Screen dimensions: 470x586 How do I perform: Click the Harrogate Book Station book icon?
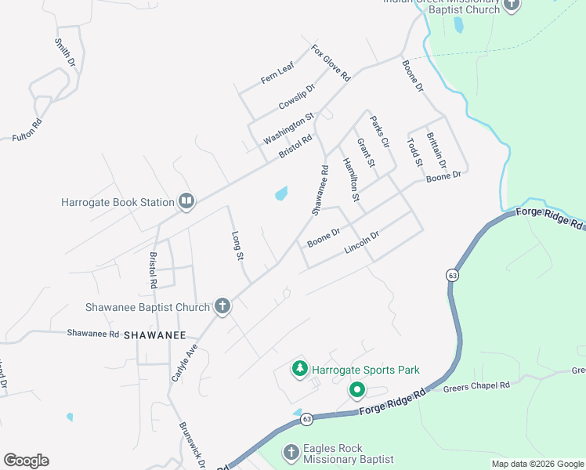click(x=186, y=202)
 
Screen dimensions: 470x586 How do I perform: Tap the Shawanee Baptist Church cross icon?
click(x=222, y=306)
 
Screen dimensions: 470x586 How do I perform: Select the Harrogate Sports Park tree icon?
click(x=299, y=368)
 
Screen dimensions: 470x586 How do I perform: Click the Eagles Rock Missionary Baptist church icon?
click(x=291, y=453)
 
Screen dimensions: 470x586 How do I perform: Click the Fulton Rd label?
click(x=26, y=130)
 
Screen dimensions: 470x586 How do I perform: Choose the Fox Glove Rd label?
click(x=330, y=63)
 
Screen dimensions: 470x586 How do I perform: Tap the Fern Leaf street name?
click(x=277, y=73)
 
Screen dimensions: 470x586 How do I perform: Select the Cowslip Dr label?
click(x=296, y=97)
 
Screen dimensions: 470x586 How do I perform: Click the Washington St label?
click(x=288, y=128)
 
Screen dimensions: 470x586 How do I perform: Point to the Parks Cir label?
click(x=380, y=132)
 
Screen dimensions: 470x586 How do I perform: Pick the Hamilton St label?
click(x=350, y=180)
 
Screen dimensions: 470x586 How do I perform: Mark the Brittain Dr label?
click(x=436, y=150)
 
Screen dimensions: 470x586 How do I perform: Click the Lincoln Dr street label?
click(x=362, y=242)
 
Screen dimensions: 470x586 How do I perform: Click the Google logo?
click(x=26, y=460)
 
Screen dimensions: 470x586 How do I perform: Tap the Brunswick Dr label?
click(x=193, y=445)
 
